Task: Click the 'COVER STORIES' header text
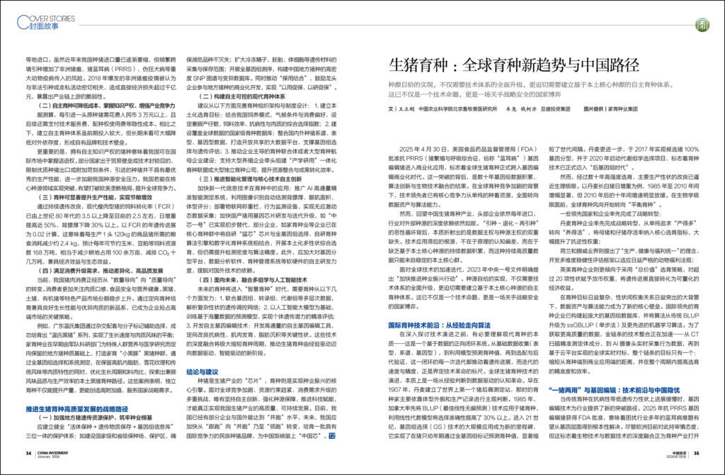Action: point(44,12)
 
